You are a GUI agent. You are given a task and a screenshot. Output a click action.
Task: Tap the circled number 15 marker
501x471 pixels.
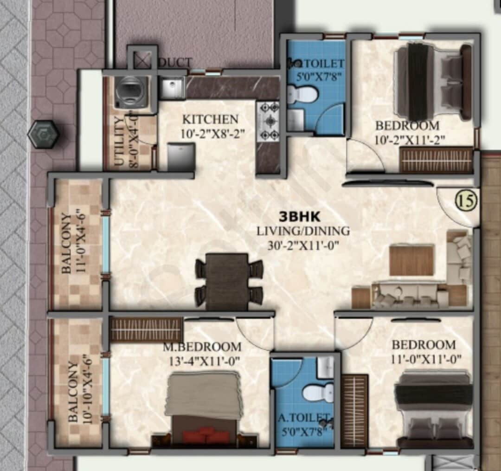click(466, 202)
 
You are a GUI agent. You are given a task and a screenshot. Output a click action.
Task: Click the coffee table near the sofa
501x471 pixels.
click(411, 260)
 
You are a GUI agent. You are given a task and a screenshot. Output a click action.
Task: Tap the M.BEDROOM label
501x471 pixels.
click(201, 347)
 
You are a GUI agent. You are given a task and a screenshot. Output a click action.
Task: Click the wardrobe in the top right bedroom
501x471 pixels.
click(436, 161)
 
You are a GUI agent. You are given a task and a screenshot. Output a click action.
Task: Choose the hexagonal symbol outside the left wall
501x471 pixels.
click(43, 135)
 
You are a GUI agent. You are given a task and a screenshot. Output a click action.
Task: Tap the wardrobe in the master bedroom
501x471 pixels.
click(147, 329)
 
